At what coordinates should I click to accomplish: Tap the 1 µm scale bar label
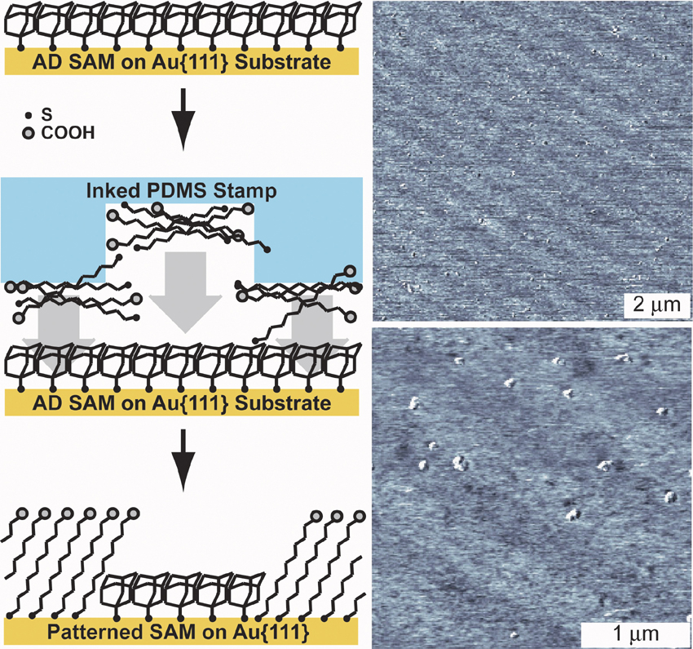pos(625,633)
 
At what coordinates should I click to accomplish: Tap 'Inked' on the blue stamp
pos(107,191)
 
